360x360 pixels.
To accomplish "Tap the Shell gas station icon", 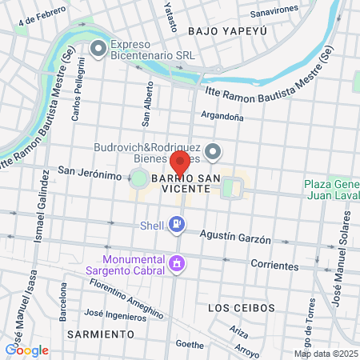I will pyautogui.click(x=177, y=227).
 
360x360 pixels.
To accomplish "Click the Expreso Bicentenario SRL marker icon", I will pyautogui.click(x=98, y=50).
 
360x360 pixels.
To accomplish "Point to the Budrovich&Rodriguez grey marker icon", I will pyautogui.click(x=213, y=151).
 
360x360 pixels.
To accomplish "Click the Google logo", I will pyautogui.click(x=26, y=350).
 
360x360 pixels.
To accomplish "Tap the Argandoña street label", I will pyautogui.click(x=222, y=116).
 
